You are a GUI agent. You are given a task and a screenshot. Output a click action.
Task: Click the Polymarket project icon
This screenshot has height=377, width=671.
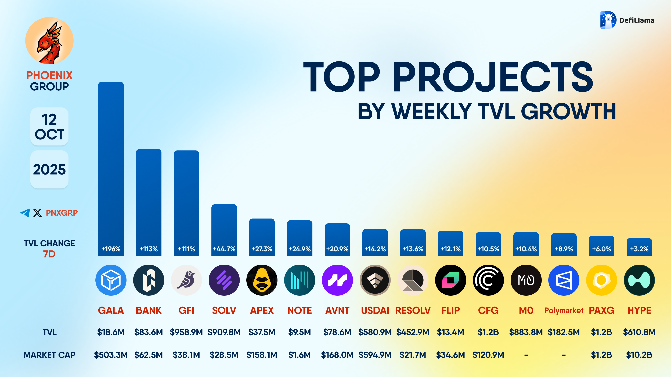click(x=564, y=280)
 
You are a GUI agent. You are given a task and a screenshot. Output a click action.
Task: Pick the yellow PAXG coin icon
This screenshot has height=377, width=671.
click(x=601, y=280)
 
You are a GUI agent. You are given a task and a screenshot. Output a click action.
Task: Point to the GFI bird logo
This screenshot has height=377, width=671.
click(x=186, y=280)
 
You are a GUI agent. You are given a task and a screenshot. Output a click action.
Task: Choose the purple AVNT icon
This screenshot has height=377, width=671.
click(x=337, y=280)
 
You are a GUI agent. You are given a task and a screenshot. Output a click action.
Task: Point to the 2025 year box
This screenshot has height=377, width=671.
click(x=49, y=169)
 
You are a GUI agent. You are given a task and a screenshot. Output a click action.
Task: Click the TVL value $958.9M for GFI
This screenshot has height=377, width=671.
click(x=186, y=332)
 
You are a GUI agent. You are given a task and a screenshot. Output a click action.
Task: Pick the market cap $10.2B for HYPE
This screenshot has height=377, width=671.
click(x=639, y=355)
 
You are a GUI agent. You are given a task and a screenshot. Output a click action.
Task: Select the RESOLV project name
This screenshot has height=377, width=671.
click(x=413, y=310)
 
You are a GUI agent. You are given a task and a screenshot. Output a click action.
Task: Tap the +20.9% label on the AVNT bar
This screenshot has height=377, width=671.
click(x=337, y=249)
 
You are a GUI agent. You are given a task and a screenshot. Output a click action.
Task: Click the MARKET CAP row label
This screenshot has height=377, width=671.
click(x=49, y=355)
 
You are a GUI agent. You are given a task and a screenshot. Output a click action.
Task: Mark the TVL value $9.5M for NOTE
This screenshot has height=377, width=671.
click(x=300, y=332)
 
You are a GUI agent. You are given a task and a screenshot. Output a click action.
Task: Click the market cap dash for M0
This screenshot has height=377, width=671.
click(x=526, y=355)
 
